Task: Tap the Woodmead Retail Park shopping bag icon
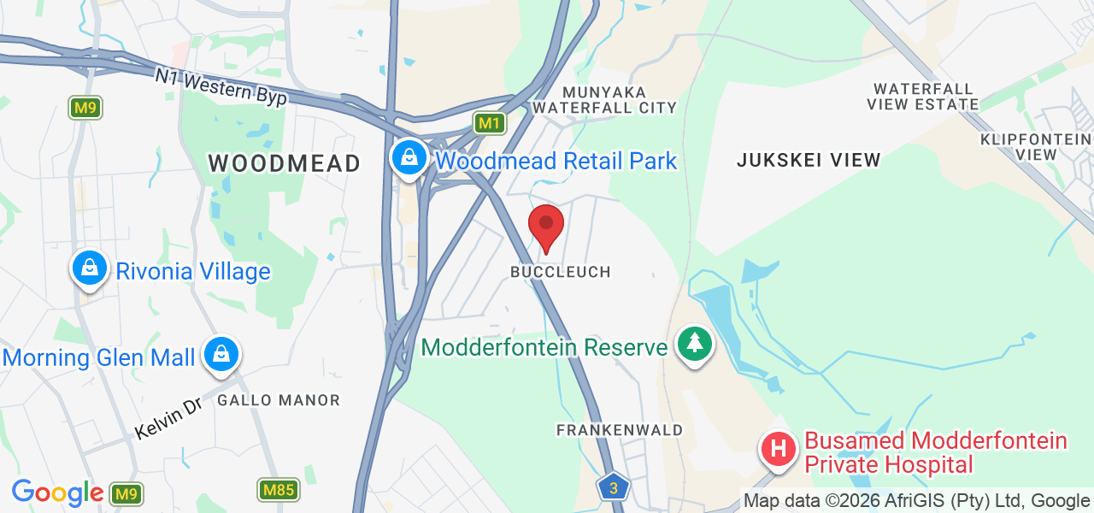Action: [410, 158]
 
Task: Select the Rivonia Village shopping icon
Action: [89, 269]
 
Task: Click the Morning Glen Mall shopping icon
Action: [221, 355]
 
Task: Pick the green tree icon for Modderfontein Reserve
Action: [695, 345]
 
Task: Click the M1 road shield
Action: [489, 123]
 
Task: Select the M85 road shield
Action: [278, 490]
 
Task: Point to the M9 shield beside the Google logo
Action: [126, 493]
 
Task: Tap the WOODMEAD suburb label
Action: [285, 163]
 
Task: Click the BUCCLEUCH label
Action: [561, 272]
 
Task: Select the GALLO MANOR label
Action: [279, 400]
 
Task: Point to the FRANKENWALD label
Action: [620, 430]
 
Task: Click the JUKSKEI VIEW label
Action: [809, 160]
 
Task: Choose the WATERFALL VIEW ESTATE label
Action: [923, 97]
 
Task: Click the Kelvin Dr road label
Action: [168, 418]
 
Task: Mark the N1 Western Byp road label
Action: [221, 87]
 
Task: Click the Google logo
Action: [57, 492]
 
